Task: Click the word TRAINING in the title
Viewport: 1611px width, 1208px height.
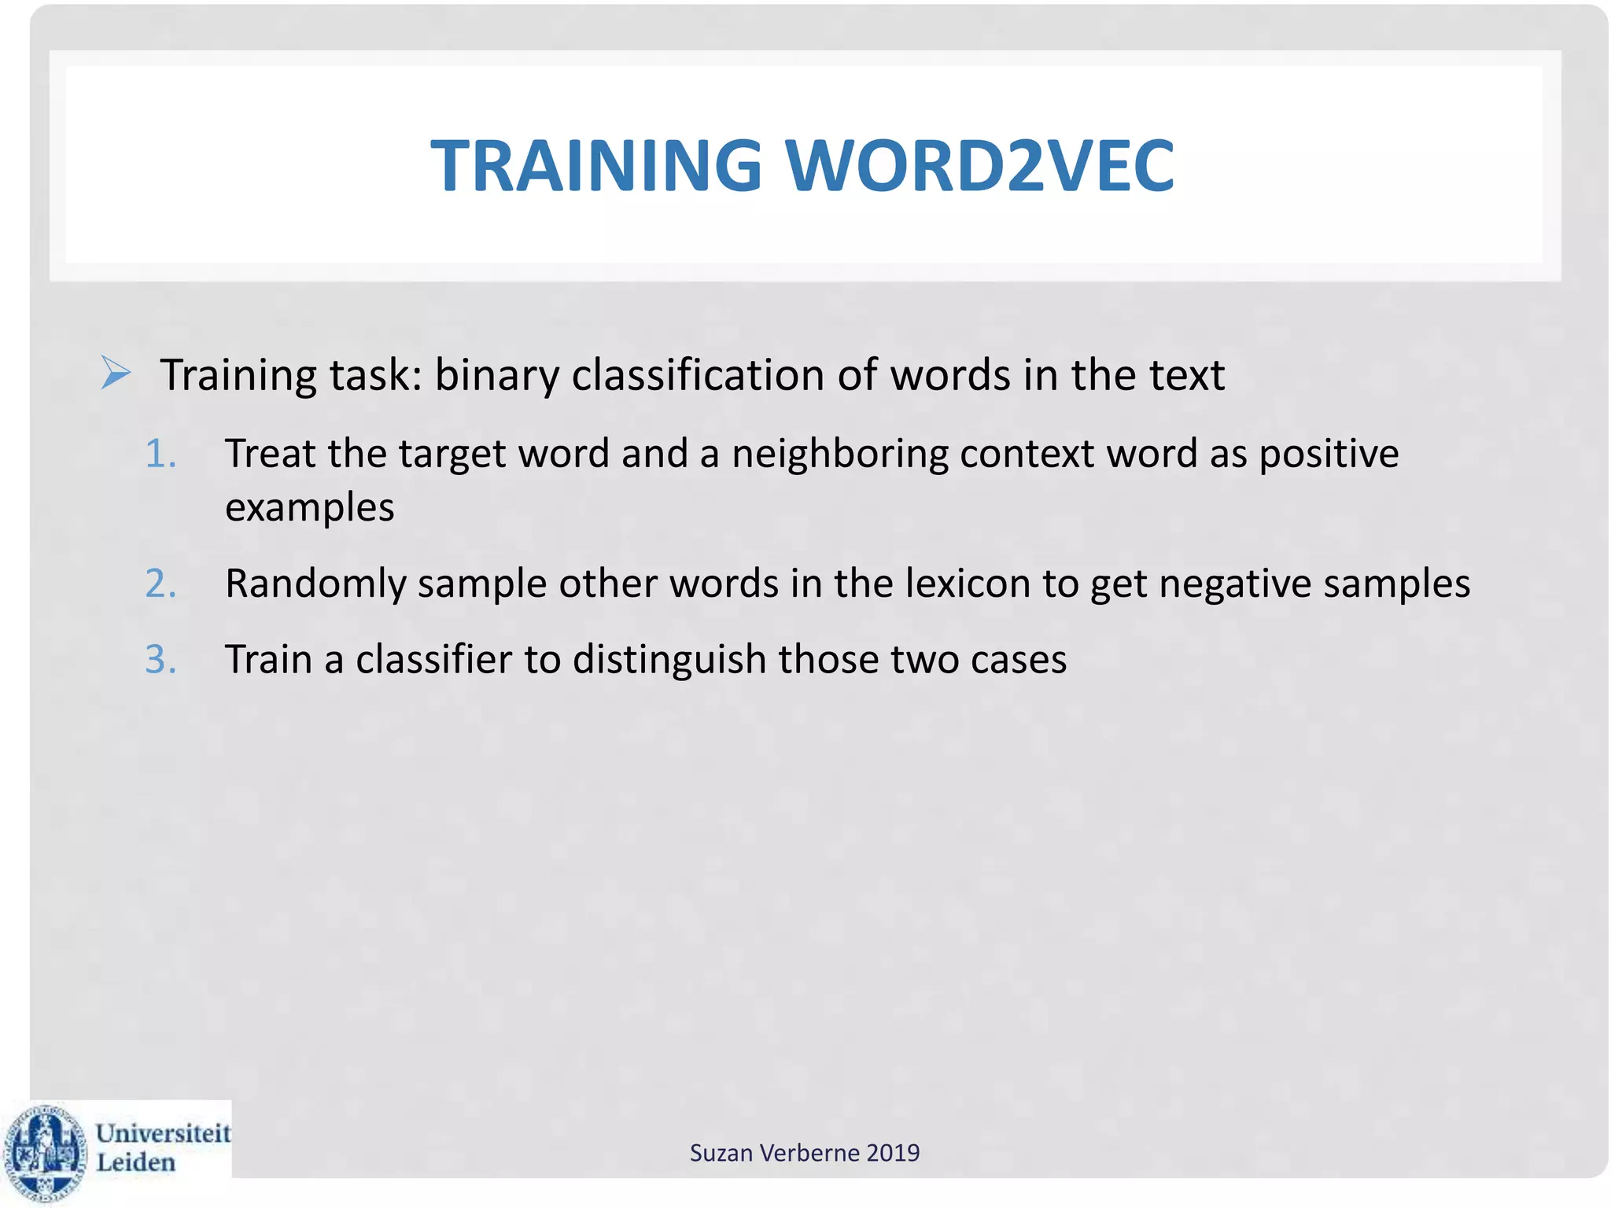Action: (x=596, y=166)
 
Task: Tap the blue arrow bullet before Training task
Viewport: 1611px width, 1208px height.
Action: (x=116, y=373)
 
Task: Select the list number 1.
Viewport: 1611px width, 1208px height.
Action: (x=160, y=454)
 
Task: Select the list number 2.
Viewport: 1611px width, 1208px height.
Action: (x=160, y=584)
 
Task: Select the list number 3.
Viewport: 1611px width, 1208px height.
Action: (x=160, y=659)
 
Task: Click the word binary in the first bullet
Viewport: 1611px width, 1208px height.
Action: (x=496, y=376)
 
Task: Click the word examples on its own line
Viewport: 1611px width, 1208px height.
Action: (x=309, y=508)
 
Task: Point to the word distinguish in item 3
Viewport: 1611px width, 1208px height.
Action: (x=669, y=659)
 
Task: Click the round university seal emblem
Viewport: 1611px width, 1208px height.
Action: (x=46, y=1151)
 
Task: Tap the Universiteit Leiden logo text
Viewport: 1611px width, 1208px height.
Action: (x=162, y=1147)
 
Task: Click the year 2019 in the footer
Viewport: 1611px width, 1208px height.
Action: (x=893, y=1153)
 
